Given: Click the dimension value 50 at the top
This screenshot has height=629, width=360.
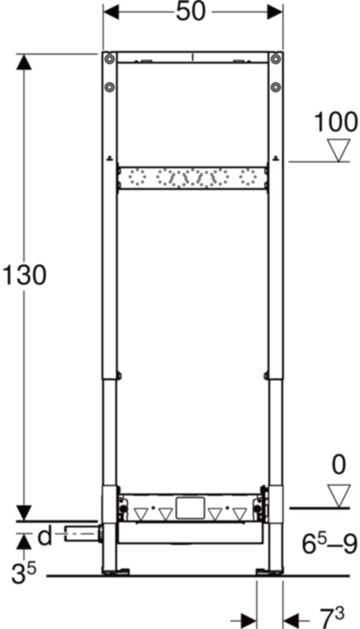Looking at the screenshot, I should [x=191, y=12].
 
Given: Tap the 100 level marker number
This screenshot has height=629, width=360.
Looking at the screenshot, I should [x=336, y=123].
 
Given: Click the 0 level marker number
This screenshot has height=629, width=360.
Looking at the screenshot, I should [x=339, y=466].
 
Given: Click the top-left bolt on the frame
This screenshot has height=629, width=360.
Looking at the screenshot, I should [x=110, y=59].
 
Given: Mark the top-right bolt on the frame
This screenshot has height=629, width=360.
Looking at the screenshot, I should [x=275, y=59].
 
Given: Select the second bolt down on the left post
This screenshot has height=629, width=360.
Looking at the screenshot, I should [x=110, y=87].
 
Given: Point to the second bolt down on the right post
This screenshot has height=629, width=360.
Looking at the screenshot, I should [x=275, y=87].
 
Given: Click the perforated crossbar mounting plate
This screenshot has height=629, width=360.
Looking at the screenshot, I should [x=193, y=177].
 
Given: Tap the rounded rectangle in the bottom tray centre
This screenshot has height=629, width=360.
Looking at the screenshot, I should [x=191, y=508].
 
